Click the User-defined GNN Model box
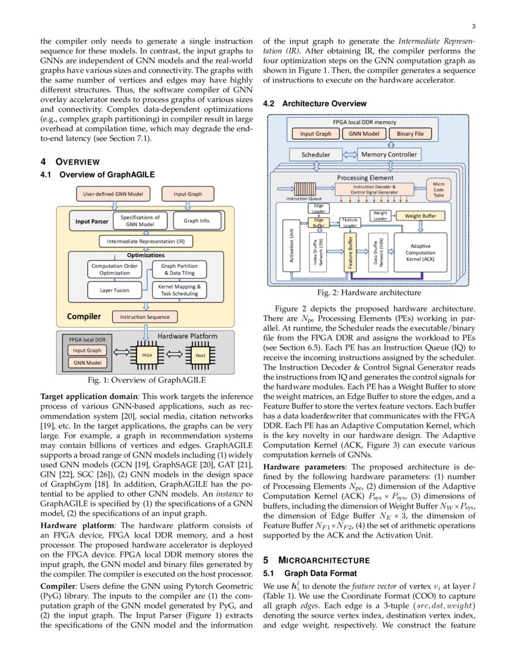pos(112,194)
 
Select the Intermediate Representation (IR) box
pos(146,242)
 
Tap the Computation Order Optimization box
pos(115,270)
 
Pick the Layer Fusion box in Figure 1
pos(115,290)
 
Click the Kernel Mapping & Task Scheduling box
pos(178,290)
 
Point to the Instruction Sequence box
pos(144,316)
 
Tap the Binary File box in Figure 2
pos(410,134)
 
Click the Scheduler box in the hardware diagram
pos(316,155)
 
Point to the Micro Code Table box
pos(438,189)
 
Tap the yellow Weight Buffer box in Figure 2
pos(419,216)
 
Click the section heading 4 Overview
pos(70,162)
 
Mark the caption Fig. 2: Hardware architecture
pos(365,293)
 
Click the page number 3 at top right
pos(473,26)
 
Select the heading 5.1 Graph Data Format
pos(309,573)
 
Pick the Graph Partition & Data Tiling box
pos(178,270)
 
